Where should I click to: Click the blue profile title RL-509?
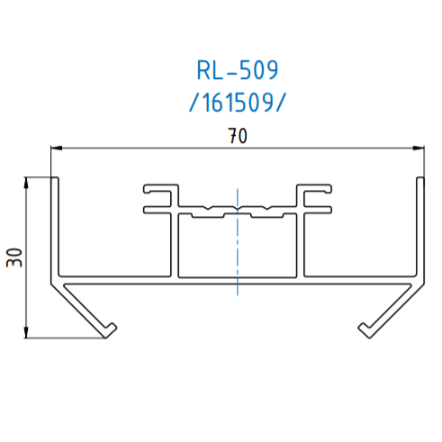(x=238, y=70)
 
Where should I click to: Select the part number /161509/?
(x=238, y=103)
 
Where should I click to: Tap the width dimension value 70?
(x=238, y=136)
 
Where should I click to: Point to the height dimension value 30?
(x=14, y=257)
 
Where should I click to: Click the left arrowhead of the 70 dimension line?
(x=56, y=148)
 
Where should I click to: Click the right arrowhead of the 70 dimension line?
(x=419, y=148)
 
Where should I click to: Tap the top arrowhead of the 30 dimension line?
(x=26, y=183)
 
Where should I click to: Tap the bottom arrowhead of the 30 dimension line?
(x=26, y=332)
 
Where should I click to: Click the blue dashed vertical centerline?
(x=238, y=242)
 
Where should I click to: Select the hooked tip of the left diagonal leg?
(x=110, y=330)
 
